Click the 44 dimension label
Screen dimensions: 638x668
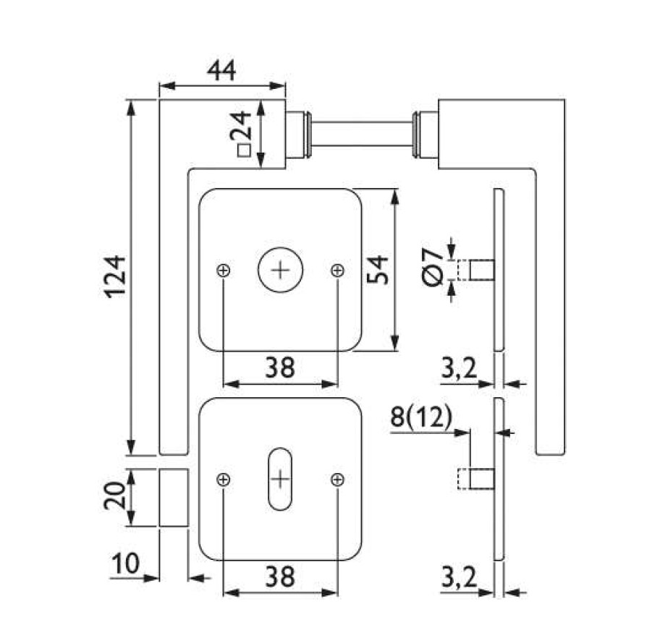(x=221, y=70)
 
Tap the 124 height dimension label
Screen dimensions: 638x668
(x=114, y=275)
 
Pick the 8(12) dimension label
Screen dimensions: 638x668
(x=420, y=417)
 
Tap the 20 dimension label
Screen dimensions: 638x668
(x=114, y=497)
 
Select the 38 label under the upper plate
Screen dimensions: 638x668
(x=279, y=367)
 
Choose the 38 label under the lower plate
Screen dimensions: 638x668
(x=279, y=577)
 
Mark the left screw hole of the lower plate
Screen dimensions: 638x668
(x=224, y=479)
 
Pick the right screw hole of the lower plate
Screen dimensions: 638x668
(x=337, y=479)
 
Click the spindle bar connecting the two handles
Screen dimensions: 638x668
(x=362, y=134)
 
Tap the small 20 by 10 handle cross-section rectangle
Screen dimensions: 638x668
(x=174, y=498)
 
